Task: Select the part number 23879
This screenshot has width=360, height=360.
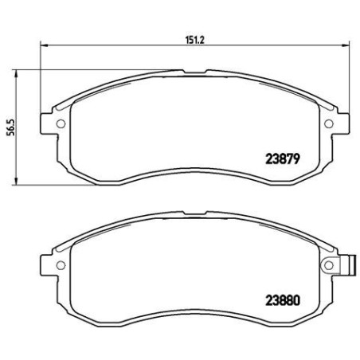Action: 278,158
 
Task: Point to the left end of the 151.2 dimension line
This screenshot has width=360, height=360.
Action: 39,46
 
